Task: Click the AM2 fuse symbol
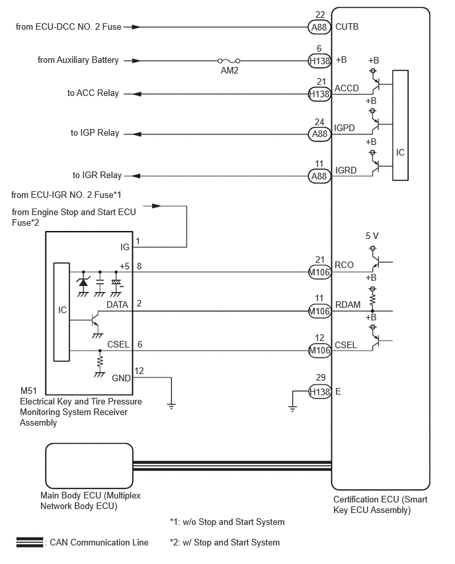pyautogui.click(x=229, y=61)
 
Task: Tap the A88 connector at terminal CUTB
pyautogui.click(x=319, y=27)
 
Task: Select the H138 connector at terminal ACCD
pyautogui.click(x=319, y=94)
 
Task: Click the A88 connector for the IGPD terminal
pyautogui.click(x=319, y=134)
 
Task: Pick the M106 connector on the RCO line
pyautogui.click(x=319, y=272)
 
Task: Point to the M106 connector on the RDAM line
pyautogui.click(x=319, y=311)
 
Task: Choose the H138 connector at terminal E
pyautogui.click(x=319, y=392)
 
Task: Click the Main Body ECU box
pyautogui.click(x=89, y=465)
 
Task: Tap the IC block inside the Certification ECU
pyautogui.click(x=400, y=125)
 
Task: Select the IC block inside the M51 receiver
pyautogui.click(x=62, y=312)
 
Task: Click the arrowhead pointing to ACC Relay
pyautogui.click(x=137, y=94)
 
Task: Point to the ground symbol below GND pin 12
pyautogui.click(x=171, y=406)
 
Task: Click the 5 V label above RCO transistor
pyautogui.click(x=372, y=236)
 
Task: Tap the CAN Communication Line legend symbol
pyautogui.click(x=30, y=542)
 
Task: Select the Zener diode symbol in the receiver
pyautogui.click(x=83, y=282)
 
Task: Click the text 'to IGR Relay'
pyautogui.click(x=97, y=175)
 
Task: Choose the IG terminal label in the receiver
pyautogui.click(x=125, y=247)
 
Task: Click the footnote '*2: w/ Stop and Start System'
pyautogui.click(x=225, y=542)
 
